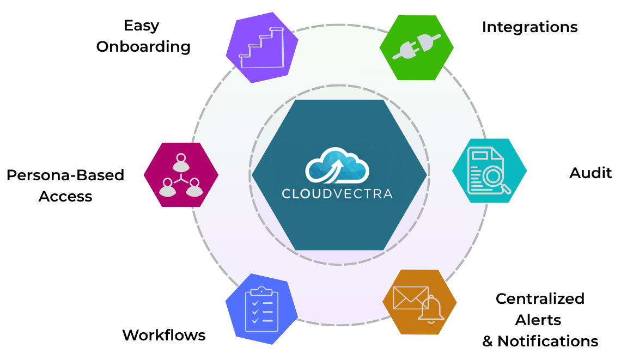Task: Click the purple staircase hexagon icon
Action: (x=262, y=48)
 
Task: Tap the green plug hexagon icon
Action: (x=417, y=47)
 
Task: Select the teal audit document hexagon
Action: (x=489, y=170)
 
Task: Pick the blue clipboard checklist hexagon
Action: (x=261, y=309)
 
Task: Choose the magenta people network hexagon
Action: (x=181, y=175)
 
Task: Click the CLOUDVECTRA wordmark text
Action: (x=337, y=193)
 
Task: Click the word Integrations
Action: (x=529, y=27)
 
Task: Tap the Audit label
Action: (x=591, y=173)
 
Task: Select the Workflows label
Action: (x=164, y=334)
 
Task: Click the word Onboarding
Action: (x=143, y=47)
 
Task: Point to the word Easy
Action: (x=142, y=25)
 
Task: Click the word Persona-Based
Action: (x=65, y=175)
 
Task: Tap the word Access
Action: (x=65, y=196)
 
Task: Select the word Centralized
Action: (x=540, y=298)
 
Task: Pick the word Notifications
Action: (x=547, y=341)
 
